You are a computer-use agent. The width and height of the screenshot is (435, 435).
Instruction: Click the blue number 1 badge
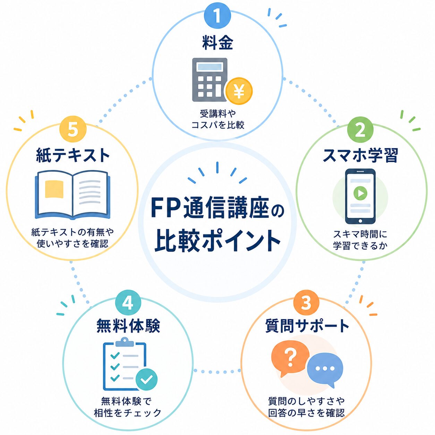[x=217, y=16]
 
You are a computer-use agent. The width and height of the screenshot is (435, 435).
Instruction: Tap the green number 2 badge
[x=360, y=130]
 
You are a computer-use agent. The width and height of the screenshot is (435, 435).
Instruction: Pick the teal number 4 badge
[x=128, y=303]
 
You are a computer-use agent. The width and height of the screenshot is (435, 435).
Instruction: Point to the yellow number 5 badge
[x=73, y=130]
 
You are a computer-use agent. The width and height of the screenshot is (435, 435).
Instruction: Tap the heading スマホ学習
[x=360, y=155]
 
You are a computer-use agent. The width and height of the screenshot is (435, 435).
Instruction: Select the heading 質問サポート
[x=307, y=326]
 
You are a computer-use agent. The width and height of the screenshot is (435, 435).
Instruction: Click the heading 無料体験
[x=128, y=326]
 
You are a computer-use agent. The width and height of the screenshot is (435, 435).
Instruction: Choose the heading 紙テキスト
[x=73, y=155]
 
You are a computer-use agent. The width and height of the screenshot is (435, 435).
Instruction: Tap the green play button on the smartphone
[x=360, y=193]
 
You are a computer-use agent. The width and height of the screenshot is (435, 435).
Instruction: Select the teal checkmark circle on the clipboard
[x=146, y=379]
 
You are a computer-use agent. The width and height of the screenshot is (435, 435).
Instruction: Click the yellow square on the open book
[x=54, y=189]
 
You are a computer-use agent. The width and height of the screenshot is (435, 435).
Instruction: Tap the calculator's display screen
[x=210, y=67]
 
